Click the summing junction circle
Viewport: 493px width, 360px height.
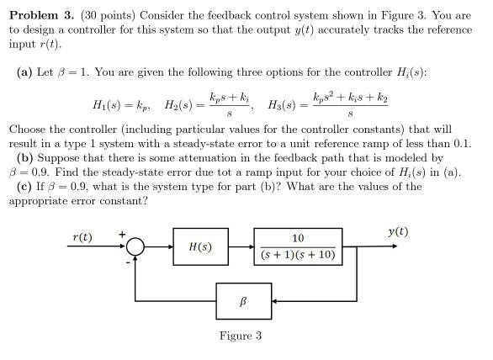(x=135, y=238)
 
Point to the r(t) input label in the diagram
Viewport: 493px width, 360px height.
(x=82, y=237)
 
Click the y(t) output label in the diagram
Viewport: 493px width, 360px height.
(x=398, y=232)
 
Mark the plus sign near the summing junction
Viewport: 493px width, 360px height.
(x=122, y=234)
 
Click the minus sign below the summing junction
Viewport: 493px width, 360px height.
(x=128, y=262)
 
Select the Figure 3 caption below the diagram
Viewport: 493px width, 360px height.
(x=241, y=336)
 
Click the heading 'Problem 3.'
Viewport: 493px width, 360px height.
(x=42, y=15)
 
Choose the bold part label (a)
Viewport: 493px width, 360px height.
(x=25, y=72)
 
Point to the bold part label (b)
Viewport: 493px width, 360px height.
(x=25, y=158)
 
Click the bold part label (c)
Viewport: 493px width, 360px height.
(x=24, y=187)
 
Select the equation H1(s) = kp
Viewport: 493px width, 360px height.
(x=121, y=104)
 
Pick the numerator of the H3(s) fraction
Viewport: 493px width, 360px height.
(x=350, y=98)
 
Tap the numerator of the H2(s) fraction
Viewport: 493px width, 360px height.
(x=230, y=98)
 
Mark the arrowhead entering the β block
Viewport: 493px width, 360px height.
(x=274, y=301)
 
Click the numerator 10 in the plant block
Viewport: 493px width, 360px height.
(x=298, y=238)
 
